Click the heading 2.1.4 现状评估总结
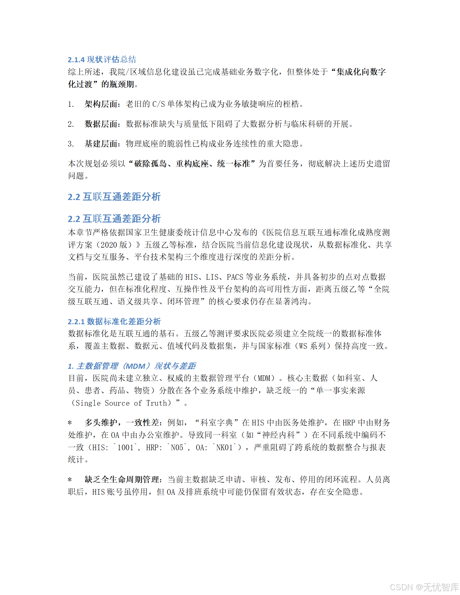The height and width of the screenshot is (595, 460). point(102,59)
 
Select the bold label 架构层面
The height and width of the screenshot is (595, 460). point(101,104)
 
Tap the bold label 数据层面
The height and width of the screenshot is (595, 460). point(101,124)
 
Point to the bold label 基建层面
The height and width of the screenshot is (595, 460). point(101,144)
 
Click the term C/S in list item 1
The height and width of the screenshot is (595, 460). point(158,104)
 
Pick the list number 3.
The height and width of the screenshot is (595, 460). point(70,144)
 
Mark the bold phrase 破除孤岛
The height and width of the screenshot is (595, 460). point(150,164)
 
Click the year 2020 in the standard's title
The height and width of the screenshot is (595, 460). point(109,245)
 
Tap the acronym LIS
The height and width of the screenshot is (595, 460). point(212,277)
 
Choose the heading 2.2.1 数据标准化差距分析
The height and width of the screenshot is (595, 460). point(114,321)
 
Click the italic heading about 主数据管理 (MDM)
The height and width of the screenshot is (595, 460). point(132,366)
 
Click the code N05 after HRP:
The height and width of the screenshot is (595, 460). point(177,447)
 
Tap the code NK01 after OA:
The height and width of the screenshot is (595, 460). point(224,447)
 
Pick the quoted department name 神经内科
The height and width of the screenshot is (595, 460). point(278,435)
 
